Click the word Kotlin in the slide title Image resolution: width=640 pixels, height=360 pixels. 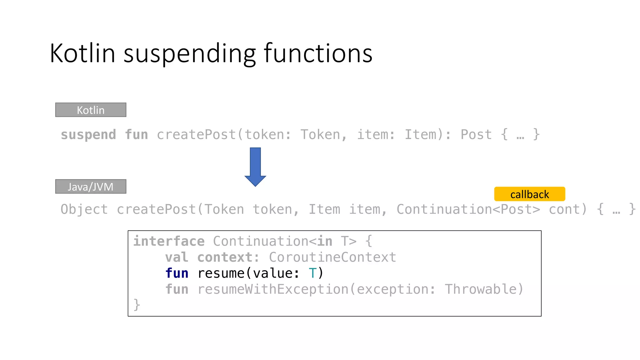(82, 53)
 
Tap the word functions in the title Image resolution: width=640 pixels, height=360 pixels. (318, 53)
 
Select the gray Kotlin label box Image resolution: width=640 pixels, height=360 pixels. (91, 110)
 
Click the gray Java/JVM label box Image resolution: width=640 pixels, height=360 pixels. (91, 187)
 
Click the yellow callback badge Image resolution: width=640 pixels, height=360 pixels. (529, 194)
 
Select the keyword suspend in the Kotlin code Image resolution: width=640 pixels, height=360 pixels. (88, 135)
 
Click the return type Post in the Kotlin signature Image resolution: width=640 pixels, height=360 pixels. (476, 135)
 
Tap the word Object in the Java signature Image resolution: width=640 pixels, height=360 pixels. (84, 209)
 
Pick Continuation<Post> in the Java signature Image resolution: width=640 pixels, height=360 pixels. (468, 209)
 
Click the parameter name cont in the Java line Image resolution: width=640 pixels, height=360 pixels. (568, 209)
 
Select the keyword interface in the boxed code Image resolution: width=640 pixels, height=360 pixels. (169, 241)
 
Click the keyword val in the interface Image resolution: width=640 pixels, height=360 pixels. (177, 257)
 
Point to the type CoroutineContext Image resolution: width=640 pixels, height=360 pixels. (332, 257)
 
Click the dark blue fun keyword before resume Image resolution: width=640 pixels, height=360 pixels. (177, 273)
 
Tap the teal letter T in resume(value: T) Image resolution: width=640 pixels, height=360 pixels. (312, 273)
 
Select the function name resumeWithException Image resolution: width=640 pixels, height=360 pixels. (273, 289)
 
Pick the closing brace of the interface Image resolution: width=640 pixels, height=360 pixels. (137, 305)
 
